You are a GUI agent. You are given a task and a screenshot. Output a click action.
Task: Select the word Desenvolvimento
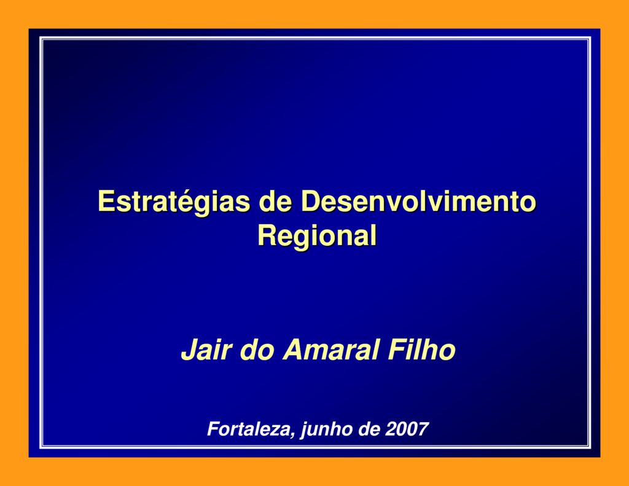(416, 202)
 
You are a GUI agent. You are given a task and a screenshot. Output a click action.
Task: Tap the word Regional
(316, 235)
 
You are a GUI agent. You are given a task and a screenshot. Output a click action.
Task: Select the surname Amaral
(332, 351)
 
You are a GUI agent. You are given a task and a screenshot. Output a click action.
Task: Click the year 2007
(407, 428)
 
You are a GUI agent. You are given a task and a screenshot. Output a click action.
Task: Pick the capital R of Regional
(266, 235)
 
